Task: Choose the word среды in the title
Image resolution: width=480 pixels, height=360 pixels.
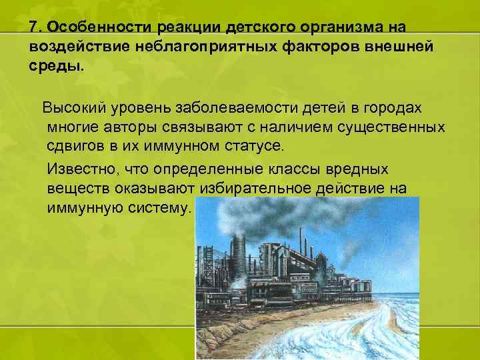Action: point(55,67)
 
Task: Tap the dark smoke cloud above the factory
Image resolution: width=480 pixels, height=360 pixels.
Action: point(267,213)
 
